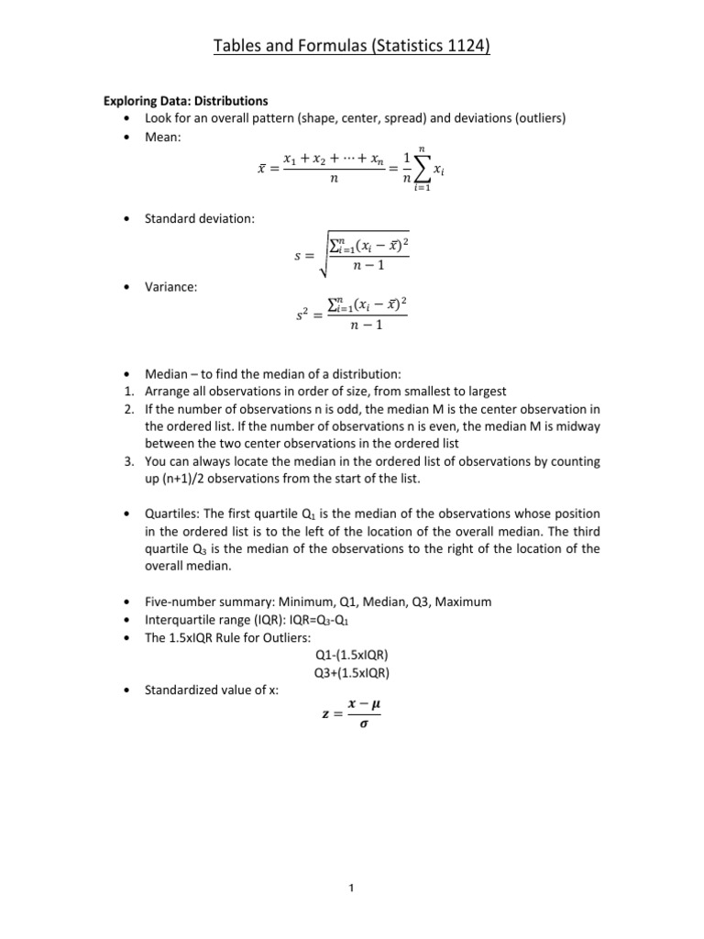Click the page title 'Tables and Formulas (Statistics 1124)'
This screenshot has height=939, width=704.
(x=352, y=45)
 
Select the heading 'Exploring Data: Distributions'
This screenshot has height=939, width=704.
(x=185, y=101)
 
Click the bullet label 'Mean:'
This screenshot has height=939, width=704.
(x=163, y=137)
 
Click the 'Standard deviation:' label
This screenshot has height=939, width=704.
(x=200, y=218)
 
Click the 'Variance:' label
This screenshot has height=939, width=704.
(x=171, y=287)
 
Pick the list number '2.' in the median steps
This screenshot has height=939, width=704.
(x=129, y=409)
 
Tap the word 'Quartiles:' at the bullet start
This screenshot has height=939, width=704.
(x=172, y=515)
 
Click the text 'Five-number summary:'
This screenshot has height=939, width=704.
(x=202, y=602)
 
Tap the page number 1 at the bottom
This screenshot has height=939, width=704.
(x=352, y=888)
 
